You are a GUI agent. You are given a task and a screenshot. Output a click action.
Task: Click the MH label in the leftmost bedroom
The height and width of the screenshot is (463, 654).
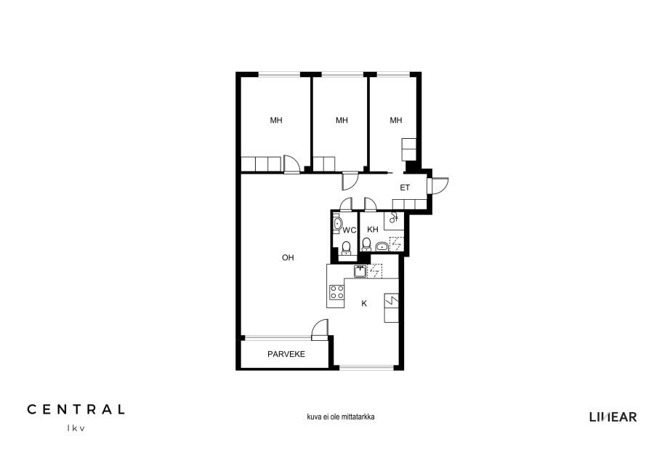[276, 121]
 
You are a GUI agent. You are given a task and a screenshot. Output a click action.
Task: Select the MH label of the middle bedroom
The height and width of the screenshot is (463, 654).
[342, 121]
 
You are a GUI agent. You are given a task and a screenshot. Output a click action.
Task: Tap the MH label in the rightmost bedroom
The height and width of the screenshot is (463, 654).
[396, 121]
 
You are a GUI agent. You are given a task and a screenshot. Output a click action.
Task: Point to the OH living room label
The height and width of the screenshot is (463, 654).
[288, 258]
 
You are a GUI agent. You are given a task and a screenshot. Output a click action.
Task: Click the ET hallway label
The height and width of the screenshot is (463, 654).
[405, 188]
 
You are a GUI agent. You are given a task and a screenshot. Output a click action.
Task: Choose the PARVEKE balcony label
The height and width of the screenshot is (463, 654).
[286, 354]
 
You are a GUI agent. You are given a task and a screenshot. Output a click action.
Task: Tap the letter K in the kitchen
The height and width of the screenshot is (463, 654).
[364, 304]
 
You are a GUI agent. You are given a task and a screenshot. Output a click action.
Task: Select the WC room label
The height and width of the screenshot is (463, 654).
[350, 230]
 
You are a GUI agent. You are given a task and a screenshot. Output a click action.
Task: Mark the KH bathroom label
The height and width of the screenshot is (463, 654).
[373, 230]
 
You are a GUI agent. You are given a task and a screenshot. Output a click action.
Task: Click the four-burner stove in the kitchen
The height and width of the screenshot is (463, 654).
[336, 292]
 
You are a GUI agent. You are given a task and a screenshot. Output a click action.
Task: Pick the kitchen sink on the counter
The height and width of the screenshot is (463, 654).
[360, 271]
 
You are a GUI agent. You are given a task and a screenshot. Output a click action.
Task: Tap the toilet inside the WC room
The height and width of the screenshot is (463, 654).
[346, 248]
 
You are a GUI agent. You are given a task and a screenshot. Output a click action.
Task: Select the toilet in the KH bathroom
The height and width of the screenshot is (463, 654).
[366, 244]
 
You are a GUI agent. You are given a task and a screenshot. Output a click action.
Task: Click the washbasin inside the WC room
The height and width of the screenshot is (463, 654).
[337, 224]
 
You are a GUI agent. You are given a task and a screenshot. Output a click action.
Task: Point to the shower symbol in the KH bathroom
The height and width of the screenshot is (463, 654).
[394, 217]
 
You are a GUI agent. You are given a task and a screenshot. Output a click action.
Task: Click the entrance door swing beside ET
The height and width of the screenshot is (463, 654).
[440, 186]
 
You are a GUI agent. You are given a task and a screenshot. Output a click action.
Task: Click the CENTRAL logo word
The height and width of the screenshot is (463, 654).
[76, 409]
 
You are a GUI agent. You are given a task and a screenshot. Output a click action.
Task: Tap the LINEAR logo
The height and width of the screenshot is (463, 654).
[613, 416]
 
